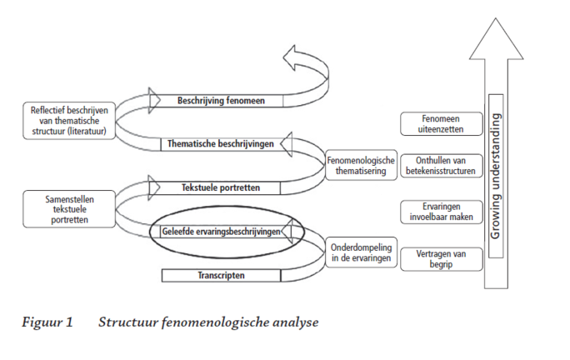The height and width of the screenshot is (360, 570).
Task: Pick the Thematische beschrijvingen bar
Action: pyautogui.click(x=221, y=143)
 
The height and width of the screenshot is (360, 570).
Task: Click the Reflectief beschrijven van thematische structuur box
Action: pyautogui.click(x=68, y=121)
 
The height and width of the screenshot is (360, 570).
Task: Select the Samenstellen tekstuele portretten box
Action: pyautogui.click(x=68, y=207)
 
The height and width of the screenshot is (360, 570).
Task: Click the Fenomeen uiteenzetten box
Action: pyautogui.click(x=442, y=123)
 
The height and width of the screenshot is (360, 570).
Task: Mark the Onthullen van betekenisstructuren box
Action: pyautogui.click(x=442, y=166)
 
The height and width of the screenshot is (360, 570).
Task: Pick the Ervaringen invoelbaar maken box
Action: pyautogui.click(x=442, y=211)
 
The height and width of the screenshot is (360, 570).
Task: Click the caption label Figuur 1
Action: pyautogui.click(x=47, y=322)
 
